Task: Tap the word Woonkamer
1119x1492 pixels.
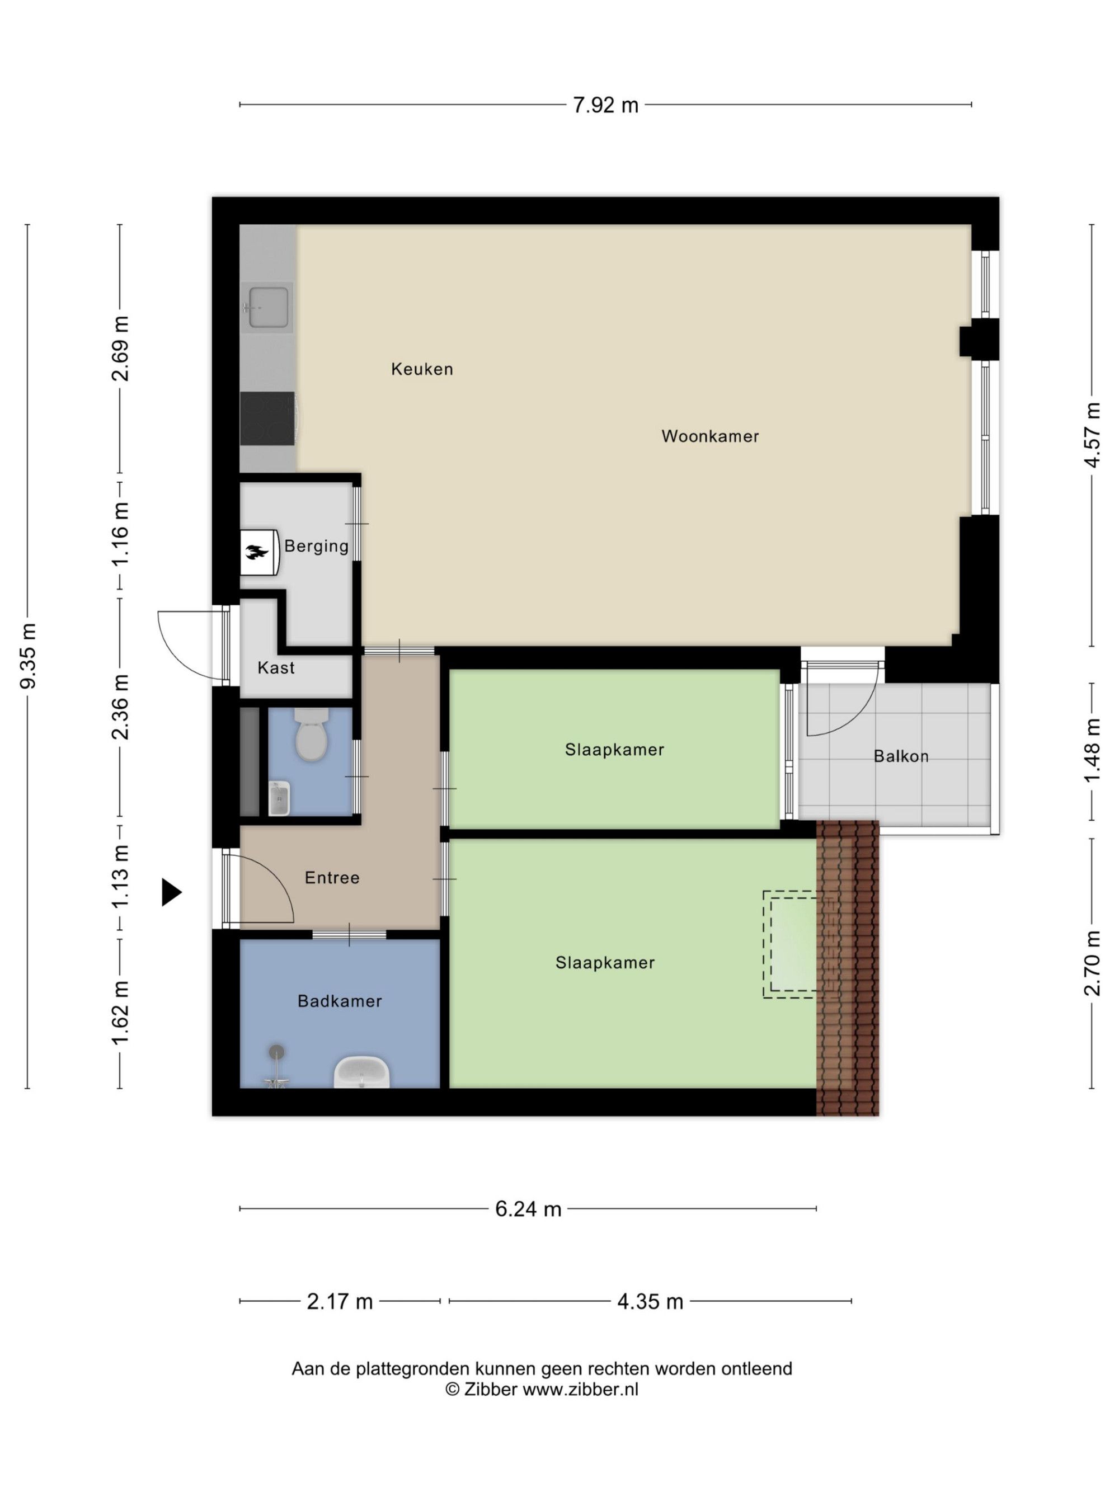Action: [709, 436]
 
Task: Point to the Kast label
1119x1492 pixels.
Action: [276, 668]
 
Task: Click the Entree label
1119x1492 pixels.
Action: [332, 878]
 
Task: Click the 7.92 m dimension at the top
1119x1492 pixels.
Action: [605, 105]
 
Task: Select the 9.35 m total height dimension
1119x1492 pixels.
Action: [29, 656]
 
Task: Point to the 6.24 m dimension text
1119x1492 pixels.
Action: [528, 1227]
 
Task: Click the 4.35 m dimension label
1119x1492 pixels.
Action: [650, 1320]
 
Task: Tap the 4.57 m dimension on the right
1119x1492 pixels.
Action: [1092, 435]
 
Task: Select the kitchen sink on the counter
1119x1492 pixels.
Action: [268, 308]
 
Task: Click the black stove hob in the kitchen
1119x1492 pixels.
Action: [268, 418]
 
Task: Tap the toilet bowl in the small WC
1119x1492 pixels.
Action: [311, 735]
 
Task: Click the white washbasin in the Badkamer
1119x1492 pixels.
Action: [361, 1072]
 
